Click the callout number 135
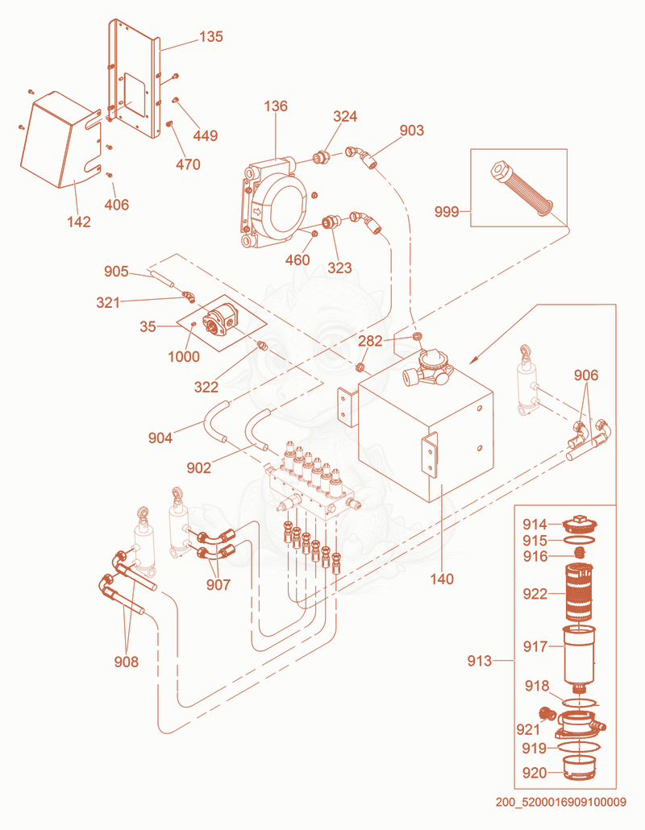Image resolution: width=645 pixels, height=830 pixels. [x=210, y=36]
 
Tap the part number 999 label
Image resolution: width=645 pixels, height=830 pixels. [x=446, y=212]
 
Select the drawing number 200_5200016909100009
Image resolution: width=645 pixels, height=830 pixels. [x=561, y=802]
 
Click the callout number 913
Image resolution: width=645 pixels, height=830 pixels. [x=479, y=661]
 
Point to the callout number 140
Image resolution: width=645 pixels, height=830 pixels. [x=442, y=579]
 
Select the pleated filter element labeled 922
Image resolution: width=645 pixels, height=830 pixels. [x=580, y=593]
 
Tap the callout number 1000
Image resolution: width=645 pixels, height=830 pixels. [x=184, y=357]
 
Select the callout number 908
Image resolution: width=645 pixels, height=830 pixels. [x=126, y=662]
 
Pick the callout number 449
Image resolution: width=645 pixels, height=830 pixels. [x=205, y=135]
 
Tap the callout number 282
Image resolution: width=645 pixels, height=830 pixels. [x=370, y=341]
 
